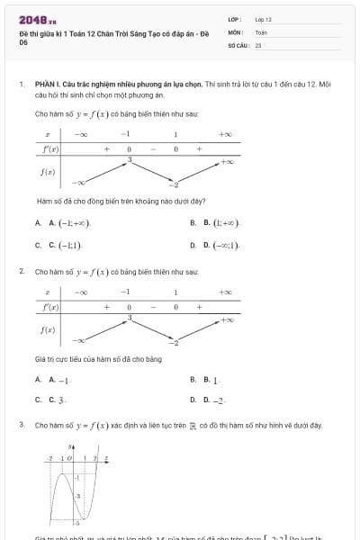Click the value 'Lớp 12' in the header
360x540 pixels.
click(x=263, y=18)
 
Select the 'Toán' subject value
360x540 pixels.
click(x=261, y=31)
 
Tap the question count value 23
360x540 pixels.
click(x=258, y=44)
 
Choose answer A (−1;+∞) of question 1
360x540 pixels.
click(x=69, y=222)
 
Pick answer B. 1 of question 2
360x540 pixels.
click(x=215, y=381)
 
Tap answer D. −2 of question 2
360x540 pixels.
click(x=217, y=399)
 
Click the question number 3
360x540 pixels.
click(x=21, y=424)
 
